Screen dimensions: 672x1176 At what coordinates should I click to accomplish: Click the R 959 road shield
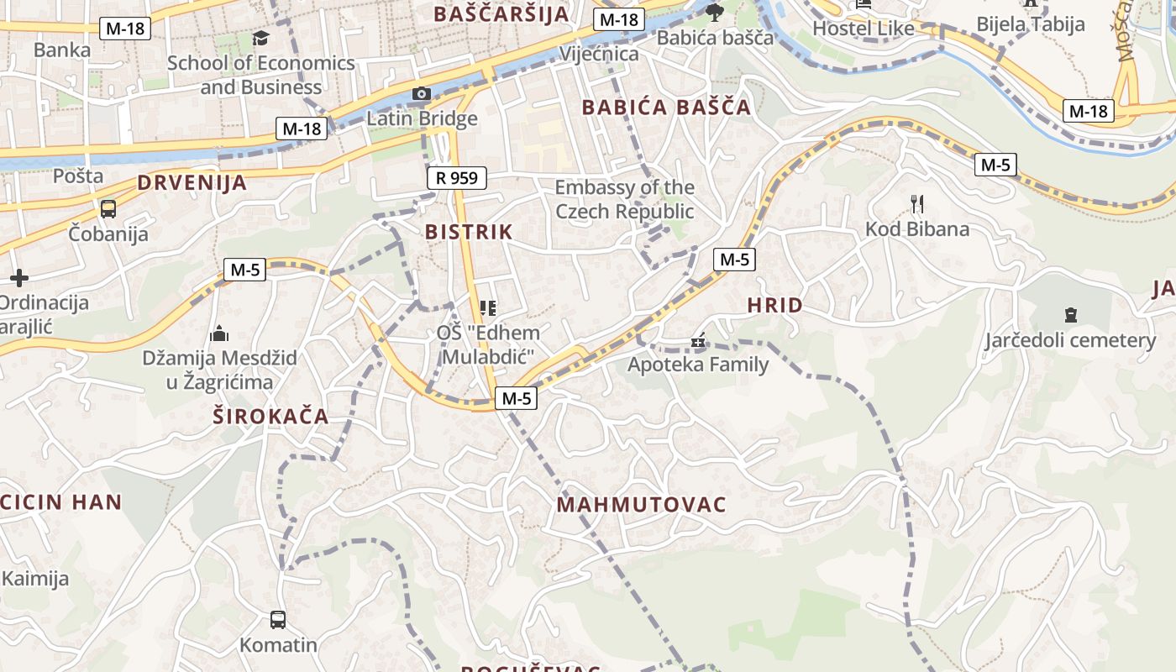tap(457, 177)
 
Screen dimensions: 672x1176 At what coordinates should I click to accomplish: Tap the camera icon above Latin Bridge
tap(422, 94)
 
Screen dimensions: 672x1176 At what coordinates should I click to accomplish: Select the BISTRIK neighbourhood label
tap(469, 232)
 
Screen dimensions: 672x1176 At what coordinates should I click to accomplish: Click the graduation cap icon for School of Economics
tap(261, 39)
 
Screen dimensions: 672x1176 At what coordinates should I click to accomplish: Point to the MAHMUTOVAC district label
tap(641, 505)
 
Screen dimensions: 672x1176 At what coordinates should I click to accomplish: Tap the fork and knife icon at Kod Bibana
tap(917, 203)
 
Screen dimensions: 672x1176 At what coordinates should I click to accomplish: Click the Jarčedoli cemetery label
tap(1070, 340)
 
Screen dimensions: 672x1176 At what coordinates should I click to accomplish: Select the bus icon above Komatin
tap(278, 620)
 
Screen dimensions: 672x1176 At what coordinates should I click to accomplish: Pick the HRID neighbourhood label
tap(774, 305)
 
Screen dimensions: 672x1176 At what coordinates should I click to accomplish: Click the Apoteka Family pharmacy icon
tap(698, 341)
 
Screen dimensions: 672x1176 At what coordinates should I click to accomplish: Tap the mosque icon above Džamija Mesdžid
tap(219, 333)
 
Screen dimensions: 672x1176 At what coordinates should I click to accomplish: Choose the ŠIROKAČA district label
tap(270, 417)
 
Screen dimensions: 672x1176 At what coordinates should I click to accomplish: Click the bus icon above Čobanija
tap(108, 208)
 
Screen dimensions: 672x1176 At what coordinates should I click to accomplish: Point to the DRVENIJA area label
tap(192, 183)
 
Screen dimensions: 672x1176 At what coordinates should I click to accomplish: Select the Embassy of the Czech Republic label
tap(624, 199)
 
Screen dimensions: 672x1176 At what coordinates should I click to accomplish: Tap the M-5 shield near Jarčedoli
tap(995, 165)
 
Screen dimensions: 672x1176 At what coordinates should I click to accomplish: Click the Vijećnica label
tap(599, 54)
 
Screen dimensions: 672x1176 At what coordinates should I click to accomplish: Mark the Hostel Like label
tap(864, 29)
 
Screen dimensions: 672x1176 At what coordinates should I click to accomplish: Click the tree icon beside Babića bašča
tap(714, 12)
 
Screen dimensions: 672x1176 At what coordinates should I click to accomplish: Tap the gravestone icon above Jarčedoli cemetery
tap(1070, 315)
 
